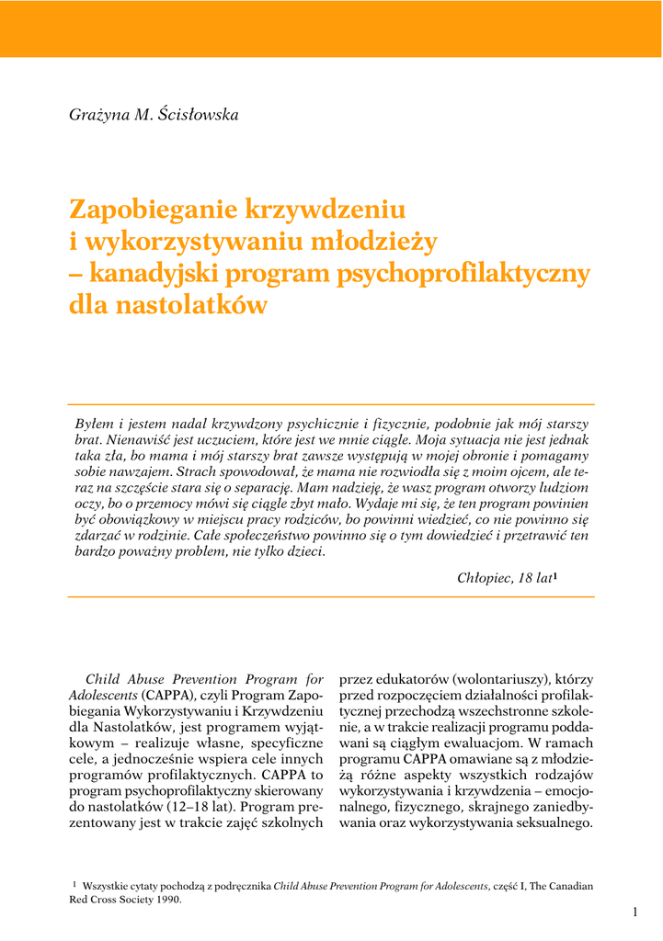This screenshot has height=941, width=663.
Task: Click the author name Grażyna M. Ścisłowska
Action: (x=154, y=115)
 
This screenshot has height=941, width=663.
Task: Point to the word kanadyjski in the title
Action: (x=151, y=274)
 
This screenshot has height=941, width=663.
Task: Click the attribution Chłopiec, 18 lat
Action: (x=505, y=578)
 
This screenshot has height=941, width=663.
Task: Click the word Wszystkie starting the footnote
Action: (x=109, y=886)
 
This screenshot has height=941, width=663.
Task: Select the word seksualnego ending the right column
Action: (x=549, y=824)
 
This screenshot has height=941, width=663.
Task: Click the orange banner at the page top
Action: (x=331, y=28)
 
